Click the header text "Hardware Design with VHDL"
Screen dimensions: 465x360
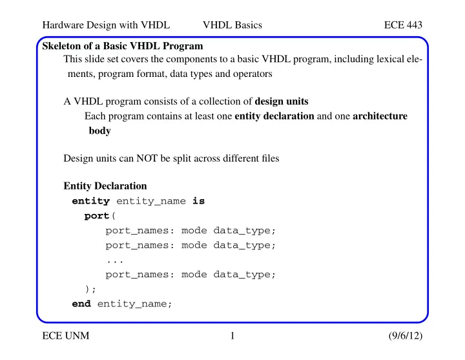coord(106,25)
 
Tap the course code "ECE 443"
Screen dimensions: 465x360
coord(403,25)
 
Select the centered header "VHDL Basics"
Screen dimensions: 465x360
coord(232,25)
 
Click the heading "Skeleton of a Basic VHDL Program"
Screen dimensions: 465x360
coord(123,46)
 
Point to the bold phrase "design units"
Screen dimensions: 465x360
coord(282,101)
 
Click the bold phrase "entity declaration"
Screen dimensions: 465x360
coord(274,116)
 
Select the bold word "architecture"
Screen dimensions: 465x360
coord(380,116)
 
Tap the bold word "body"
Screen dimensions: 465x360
coord(99,131)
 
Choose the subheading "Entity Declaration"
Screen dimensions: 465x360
coord(105,186)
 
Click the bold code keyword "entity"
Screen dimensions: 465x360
coord(91,201)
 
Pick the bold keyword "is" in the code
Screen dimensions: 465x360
coord(198,201)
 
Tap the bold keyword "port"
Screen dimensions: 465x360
coord(97,216)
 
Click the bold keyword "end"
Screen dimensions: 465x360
coord(81,304)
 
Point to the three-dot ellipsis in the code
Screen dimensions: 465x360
coord(115,261)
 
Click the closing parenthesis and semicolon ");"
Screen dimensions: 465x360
coord(90,289)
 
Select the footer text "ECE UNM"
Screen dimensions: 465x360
coord(65,335)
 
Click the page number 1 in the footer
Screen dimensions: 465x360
coord(232,335)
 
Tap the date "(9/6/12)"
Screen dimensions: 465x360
coord(406,335)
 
